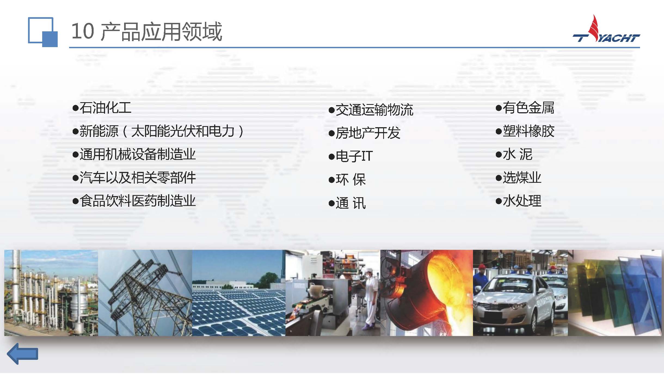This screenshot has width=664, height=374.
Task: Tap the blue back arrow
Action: click(22, 354)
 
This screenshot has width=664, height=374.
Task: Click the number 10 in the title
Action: click(83, 31)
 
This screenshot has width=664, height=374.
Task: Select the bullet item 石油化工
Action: click(102, 108)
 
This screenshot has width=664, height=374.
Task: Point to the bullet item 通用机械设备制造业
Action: click(134, 154)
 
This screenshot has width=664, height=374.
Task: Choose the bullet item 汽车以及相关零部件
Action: click(134, 178)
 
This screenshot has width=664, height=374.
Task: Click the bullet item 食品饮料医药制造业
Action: click(134, 201)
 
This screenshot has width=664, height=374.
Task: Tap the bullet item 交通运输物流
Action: click(371, 110)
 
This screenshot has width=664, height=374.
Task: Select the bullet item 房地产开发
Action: click(364, 133)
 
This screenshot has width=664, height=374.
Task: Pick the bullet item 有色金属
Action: click(525, 108)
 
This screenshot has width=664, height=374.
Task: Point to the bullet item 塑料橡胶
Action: click(525, 131)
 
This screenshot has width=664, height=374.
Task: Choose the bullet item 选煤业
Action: click(518, 178)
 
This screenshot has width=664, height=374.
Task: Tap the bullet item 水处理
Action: click(518, 201)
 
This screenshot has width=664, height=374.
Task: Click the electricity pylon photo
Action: click(145, 293)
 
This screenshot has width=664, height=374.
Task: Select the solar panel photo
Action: click(239, 293)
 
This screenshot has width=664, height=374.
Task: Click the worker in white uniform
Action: click(370, 297)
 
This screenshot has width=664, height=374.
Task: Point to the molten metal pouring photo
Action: click(427, 293)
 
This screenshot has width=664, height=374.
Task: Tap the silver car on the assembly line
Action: click(513, 302)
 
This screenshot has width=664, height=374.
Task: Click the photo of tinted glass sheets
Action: click(615, 293)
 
